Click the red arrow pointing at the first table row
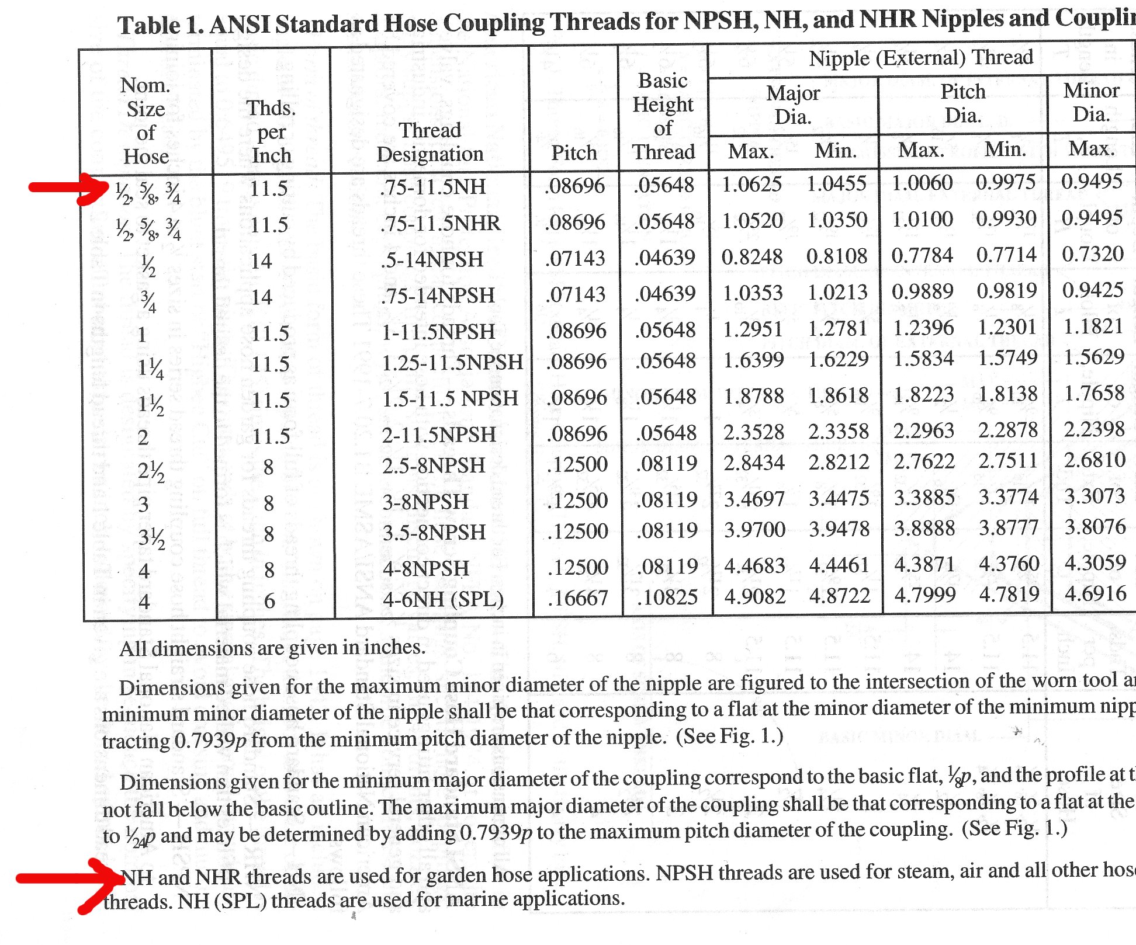67,188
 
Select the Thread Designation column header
430,142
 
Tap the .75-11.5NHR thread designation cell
440,223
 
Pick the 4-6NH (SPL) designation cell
443,599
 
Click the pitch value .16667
577,598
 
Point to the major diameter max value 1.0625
751,185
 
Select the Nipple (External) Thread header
920,58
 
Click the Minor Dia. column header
1091,102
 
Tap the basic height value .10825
667,597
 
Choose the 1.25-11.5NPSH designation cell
452,363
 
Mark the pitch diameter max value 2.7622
923,462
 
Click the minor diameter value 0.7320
1092,254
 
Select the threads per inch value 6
269,601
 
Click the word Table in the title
148,25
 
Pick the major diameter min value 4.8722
839,596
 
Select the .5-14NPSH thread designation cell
432,259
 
